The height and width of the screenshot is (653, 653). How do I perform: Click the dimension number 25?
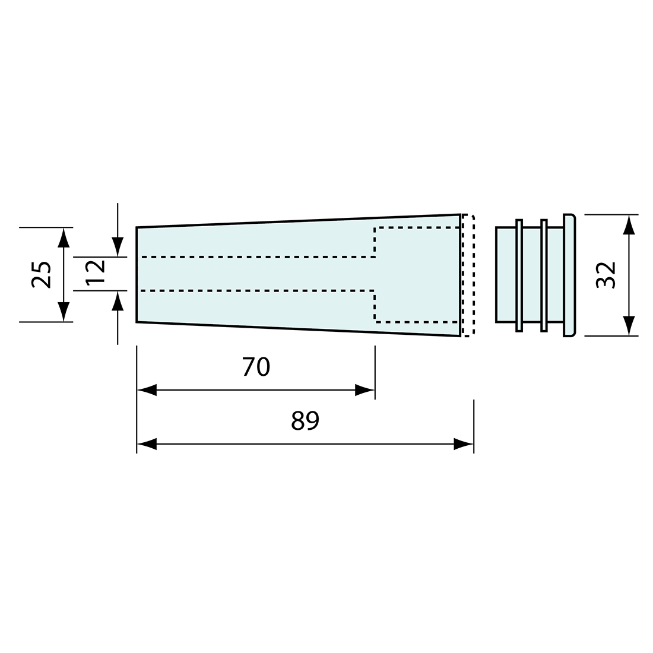41,274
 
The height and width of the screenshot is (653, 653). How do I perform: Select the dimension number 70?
256,367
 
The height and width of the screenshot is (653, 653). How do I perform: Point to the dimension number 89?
305,421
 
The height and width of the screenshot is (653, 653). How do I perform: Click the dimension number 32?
606,275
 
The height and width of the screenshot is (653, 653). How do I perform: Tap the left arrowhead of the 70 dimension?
147,390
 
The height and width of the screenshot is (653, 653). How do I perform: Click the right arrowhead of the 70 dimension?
365,390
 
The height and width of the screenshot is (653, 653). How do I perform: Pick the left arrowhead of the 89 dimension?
147,444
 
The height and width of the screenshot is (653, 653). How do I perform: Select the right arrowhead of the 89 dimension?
464,444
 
